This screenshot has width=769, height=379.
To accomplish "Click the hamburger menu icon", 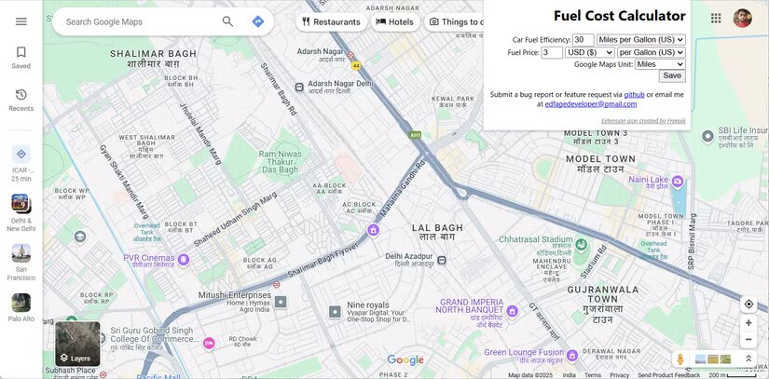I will click(21, 21).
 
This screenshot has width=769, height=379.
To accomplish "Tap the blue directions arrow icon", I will click(258, 21).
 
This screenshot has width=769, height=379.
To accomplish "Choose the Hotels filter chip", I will click(395, 21).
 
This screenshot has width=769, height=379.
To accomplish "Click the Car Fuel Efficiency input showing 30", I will click(584, 40).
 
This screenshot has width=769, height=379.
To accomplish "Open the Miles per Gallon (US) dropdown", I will click(641, 40).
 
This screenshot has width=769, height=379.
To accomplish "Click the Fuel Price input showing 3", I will click(552, 53).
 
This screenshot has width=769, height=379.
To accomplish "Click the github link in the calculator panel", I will click(634, 94).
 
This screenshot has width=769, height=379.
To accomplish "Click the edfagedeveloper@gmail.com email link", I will click(591, 104).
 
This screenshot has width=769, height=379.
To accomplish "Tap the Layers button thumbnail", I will click(77, 344).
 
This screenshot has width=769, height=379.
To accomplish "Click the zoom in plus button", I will click(748, 322).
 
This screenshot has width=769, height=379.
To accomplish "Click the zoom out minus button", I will click(748, 339).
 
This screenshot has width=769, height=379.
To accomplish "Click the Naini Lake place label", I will click(648, 180).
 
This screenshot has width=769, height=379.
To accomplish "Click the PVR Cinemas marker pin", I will click(184, 260).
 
